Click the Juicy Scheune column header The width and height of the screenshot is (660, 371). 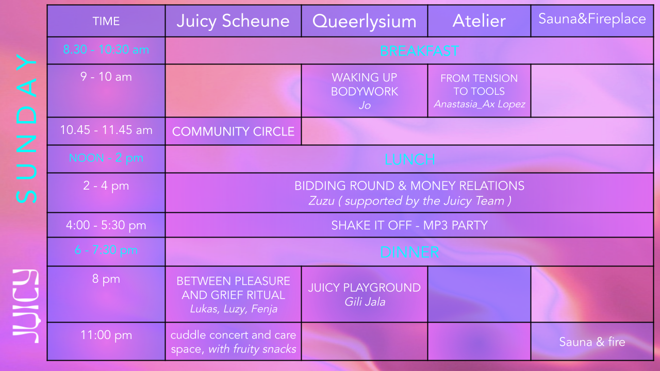click(x=233, y=21)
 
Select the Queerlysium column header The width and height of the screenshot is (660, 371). click(x=364, y=22)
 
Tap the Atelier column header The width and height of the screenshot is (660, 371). click(x=479, y=21)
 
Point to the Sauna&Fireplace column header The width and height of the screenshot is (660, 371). click(x=592, y=19)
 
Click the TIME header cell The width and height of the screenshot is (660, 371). click(x=106, y=21)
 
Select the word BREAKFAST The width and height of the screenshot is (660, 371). click(x=419, y=51)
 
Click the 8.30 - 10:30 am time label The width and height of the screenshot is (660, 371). click(x=106, y=50)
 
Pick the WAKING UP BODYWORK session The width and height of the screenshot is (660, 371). click(x=365, y=85)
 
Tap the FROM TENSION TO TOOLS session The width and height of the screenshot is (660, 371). click(x=479, y=85)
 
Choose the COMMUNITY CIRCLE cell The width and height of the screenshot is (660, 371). click(x=233, y=131)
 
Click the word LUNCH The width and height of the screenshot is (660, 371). click(x=409, y=159)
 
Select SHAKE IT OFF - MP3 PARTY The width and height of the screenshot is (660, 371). click(x=409, y=225)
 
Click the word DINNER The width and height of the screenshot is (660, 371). click(x=409, y=252)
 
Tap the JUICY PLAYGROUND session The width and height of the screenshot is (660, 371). click(x=365, y=288)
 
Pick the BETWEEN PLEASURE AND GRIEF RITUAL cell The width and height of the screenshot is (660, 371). click(x=233, y=288)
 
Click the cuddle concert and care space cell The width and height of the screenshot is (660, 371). click(x=233, y=342)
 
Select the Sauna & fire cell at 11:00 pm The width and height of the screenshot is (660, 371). click(x=592, y=342)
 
